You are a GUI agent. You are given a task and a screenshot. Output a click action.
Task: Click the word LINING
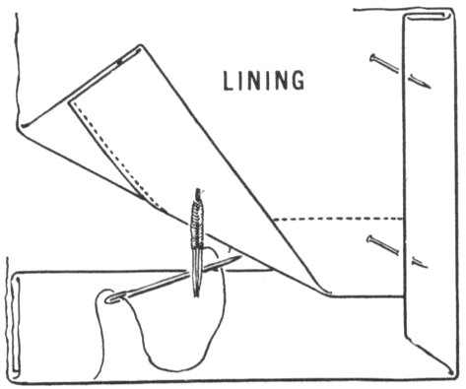coord(264,81)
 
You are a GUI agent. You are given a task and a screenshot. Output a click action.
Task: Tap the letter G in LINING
coord(298,81)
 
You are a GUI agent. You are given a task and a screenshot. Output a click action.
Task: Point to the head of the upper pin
coord(373,58)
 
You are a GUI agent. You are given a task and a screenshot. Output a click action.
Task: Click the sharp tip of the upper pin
coord(430,88)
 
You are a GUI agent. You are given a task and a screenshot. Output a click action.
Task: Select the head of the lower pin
coord(370,239)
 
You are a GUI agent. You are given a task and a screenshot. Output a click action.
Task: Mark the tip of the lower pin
coord(427,267)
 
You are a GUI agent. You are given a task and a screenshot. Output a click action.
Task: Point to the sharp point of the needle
coord(241,257)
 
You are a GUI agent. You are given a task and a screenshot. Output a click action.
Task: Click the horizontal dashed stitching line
coord(339,219)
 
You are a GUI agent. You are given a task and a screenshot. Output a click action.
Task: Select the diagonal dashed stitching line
coord(115,154)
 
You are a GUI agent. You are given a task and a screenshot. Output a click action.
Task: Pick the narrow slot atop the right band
coord(426,16)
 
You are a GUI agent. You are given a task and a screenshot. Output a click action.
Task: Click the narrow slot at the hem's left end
coord(16,325)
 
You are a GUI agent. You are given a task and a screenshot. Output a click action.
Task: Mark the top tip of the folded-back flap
coord(141,45)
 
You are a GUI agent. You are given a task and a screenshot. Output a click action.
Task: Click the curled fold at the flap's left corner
coord(23,125)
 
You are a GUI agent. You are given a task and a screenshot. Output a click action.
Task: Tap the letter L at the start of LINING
coord(228,81)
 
